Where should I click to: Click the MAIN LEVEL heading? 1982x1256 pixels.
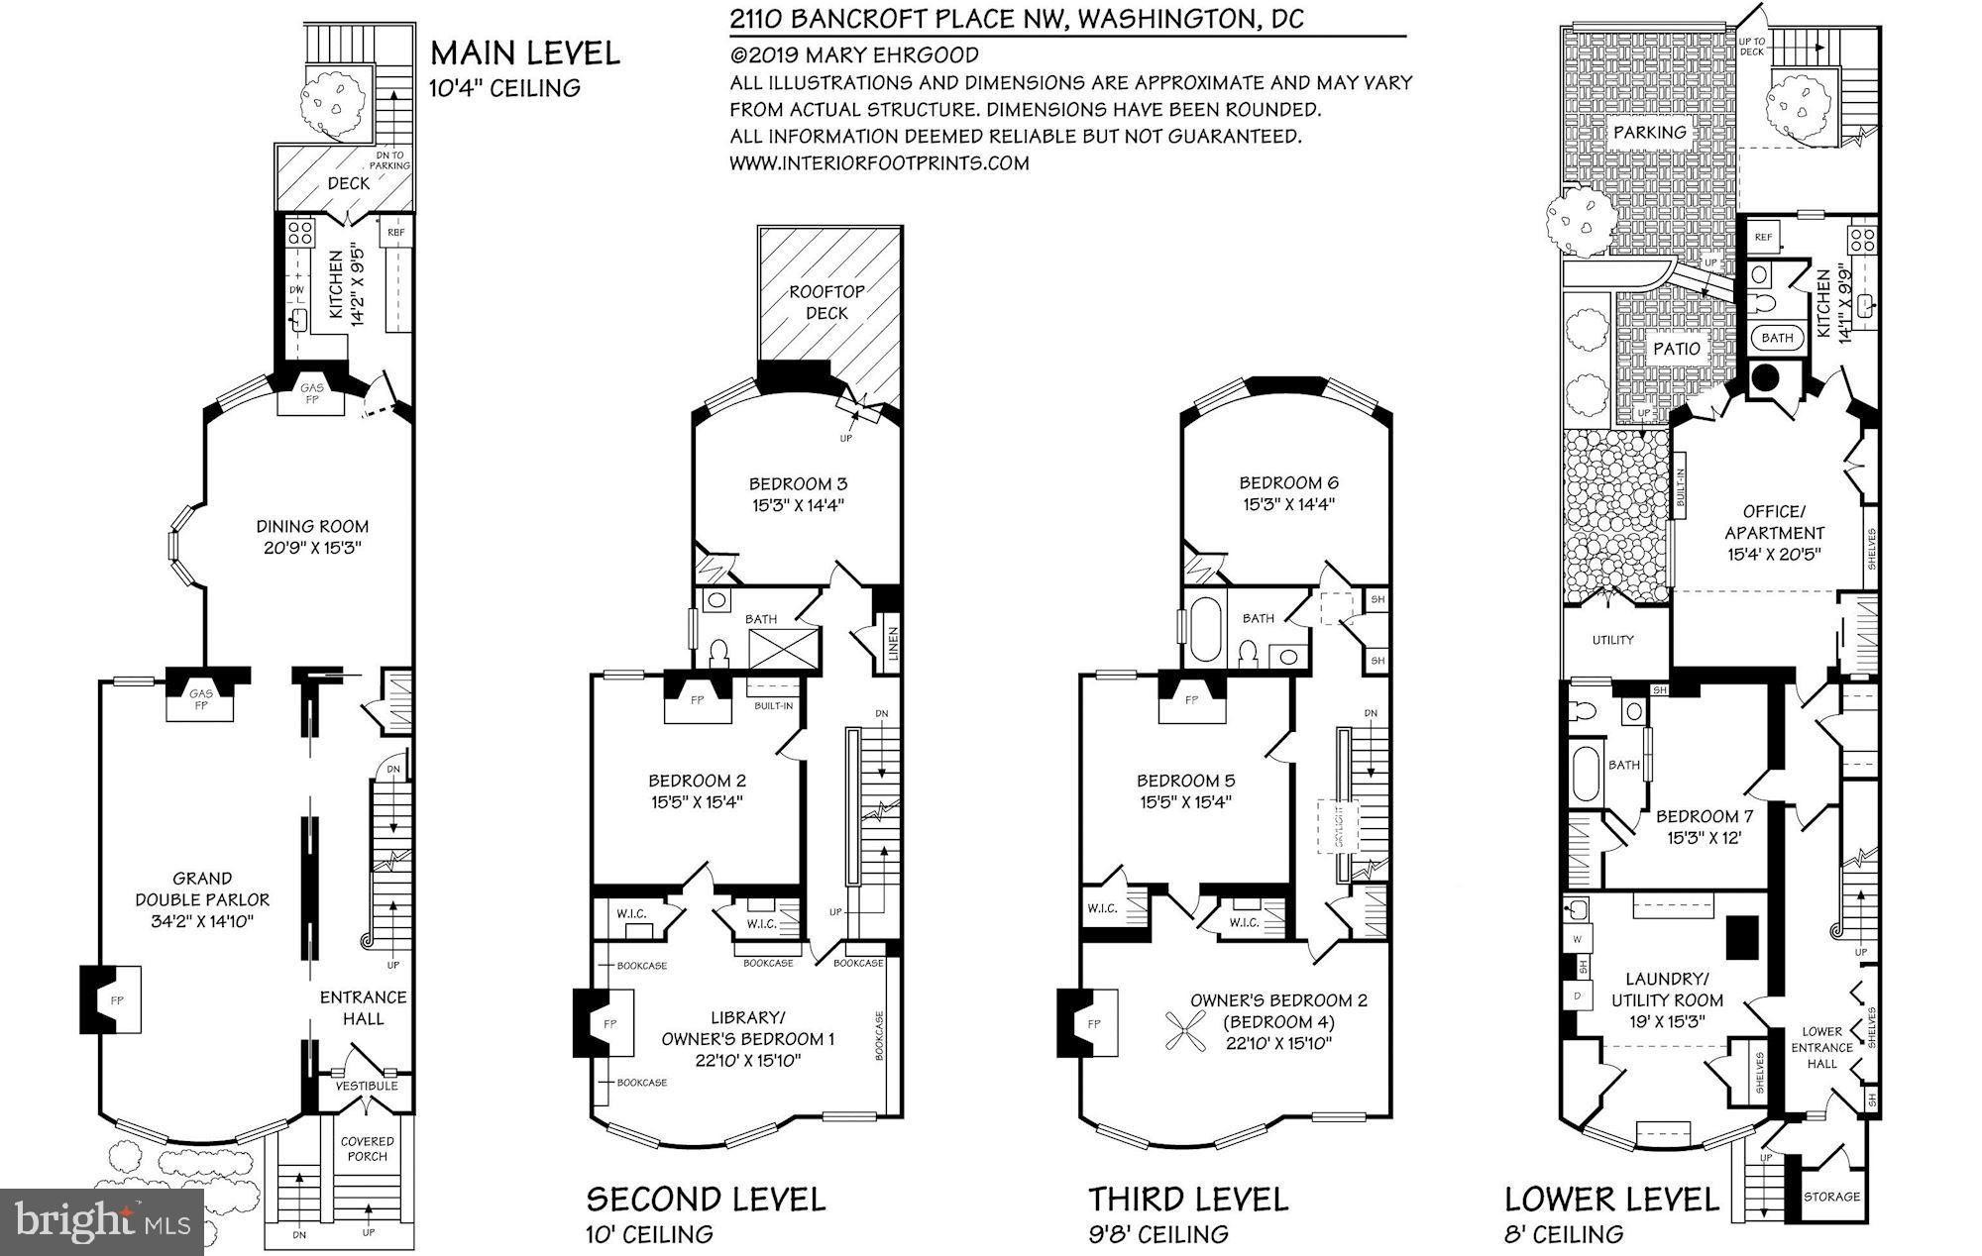click(x=525, y=52)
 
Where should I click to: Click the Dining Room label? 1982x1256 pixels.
click(x=312, y=527)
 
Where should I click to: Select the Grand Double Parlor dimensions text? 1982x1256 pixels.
click(x=202, y=922)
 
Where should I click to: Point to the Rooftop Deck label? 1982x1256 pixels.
click(x=826, y=302)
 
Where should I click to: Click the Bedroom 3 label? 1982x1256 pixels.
click(x=797, y=484)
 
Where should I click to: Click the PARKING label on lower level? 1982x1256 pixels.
click(x=1649, y=132)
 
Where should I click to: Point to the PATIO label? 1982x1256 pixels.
click(x=1677, y=349)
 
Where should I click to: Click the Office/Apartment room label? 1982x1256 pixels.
click(x=1774, y=522)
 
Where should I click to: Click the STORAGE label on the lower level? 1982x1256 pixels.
click(x=1831, y=1197)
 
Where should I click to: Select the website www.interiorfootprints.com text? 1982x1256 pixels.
click(x=879, y=163)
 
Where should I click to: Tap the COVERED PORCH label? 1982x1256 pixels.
click(x=367, y=1149)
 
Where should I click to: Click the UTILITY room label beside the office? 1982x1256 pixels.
click(x=1612, y=640)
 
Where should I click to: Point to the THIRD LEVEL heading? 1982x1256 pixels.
click(x=1188, y=1200)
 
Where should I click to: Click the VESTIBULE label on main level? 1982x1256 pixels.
click(x=366, y=1086)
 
